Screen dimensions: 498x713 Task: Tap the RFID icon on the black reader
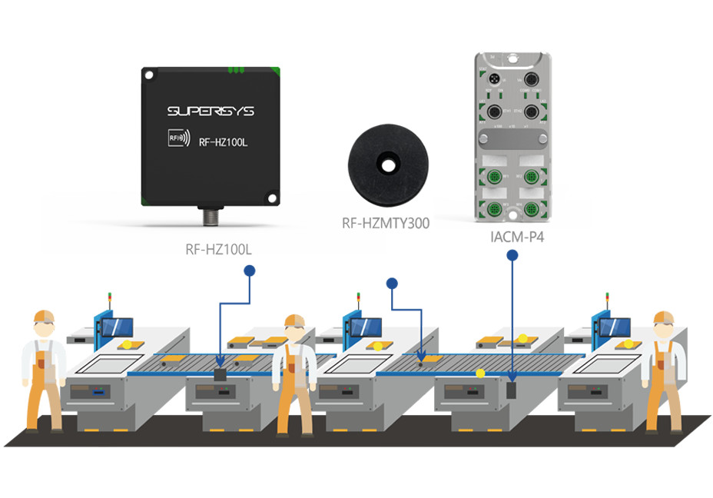(x=176, y=138)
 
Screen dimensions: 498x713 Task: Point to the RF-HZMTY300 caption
(x=386, y=224)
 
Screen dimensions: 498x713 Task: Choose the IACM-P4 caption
(x=512, y=236)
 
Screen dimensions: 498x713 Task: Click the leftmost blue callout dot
(x=249, y=271)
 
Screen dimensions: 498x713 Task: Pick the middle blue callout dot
(x=392, y=283)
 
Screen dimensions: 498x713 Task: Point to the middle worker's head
(x=294, y=326)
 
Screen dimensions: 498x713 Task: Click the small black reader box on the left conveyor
(x=221, y=374)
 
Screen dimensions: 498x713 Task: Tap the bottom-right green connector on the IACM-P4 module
(x=531, y=208)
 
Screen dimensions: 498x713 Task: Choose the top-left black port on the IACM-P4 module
(x=494, y=81)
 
